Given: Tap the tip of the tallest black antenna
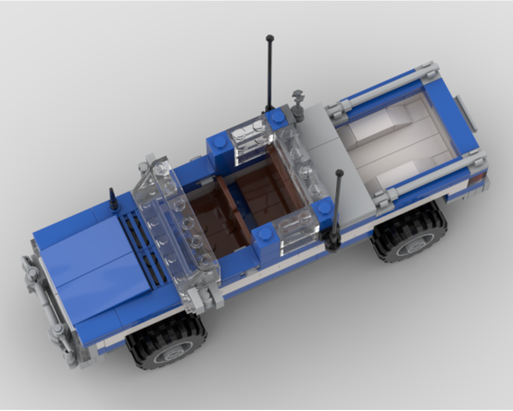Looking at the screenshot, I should (270, 38).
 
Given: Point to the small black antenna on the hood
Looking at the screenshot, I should (113, 200).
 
